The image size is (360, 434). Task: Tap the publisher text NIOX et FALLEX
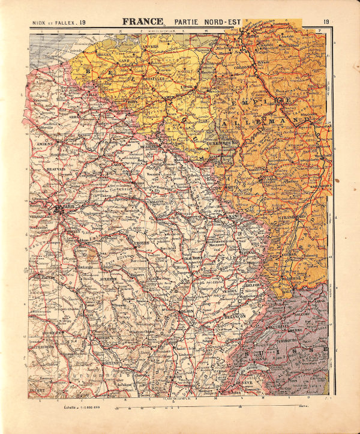tap(55, 24)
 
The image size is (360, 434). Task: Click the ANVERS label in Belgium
tap(150, 46)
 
